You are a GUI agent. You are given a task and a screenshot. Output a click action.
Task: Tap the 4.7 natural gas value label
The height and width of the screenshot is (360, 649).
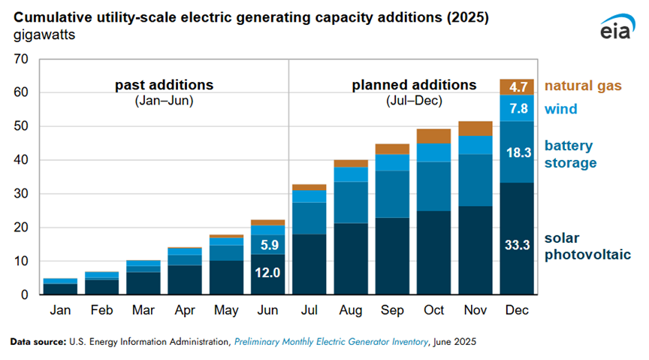[x=517, y=86]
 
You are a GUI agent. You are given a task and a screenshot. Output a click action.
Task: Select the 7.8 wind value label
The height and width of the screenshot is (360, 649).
[x=517, y=108]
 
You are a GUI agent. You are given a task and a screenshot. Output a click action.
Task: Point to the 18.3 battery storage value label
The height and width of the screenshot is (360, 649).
[x=517, y=152]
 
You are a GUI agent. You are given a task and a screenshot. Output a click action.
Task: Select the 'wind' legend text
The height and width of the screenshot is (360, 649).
[x=560, y=109]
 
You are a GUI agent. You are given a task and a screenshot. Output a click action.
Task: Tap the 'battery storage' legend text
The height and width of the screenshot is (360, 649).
[x=569, y=154]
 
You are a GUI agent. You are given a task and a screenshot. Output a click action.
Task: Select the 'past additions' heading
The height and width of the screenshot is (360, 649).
[x=164, y=85]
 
